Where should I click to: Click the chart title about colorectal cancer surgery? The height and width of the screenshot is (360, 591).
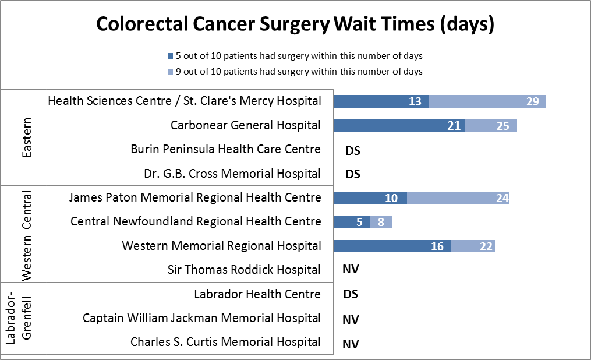pos(295,24)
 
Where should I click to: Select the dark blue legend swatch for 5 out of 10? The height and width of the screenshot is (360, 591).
pos(170,57)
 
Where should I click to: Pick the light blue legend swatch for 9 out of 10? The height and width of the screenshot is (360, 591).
pos(170,72)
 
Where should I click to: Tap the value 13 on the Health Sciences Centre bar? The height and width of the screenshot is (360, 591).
pos(415,101)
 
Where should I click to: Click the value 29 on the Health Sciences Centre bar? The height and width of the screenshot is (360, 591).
pos(532,101)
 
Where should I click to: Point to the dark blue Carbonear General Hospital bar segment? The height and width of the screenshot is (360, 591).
pos(399,126)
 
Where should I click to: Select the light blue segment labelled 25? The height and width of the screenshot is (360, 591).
pos(491,126)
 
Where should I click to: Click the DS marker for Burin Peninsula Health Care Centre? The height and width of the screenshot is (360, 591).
pos(353,150)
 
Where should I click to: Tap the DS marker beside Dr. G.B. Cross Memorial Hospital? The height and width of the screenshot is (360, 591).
pos(353,174)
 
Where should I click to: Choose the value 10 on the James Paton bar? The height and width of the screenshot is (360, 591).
pos(391,198)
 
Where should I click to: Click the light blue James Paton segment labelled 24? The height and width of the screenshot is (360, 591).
pos(458,198)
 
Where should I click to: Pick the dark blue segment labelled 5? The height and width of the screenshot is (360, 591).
pos(352,222)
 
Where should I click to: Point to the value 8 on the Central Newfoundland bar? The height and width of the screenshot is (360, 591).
pos(381,222)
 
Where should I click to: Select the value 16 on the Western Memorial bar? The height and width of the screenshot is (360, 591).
pos(437,246)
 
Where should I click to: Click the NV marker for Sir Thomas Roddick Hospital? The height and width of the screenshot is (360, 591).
pos(351,270)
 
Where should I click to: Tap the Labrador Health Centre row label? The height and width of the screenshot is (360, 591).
pos(257,294)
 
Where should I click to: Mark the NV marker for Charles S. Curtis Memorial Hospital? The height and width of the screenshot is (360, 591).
pos(351,343)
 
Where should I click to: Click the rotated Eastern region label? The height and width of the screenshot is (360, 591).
pos(26,137)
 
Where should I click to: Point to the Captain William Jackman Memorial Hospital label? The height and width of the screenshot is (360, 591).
pos(201,318)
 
